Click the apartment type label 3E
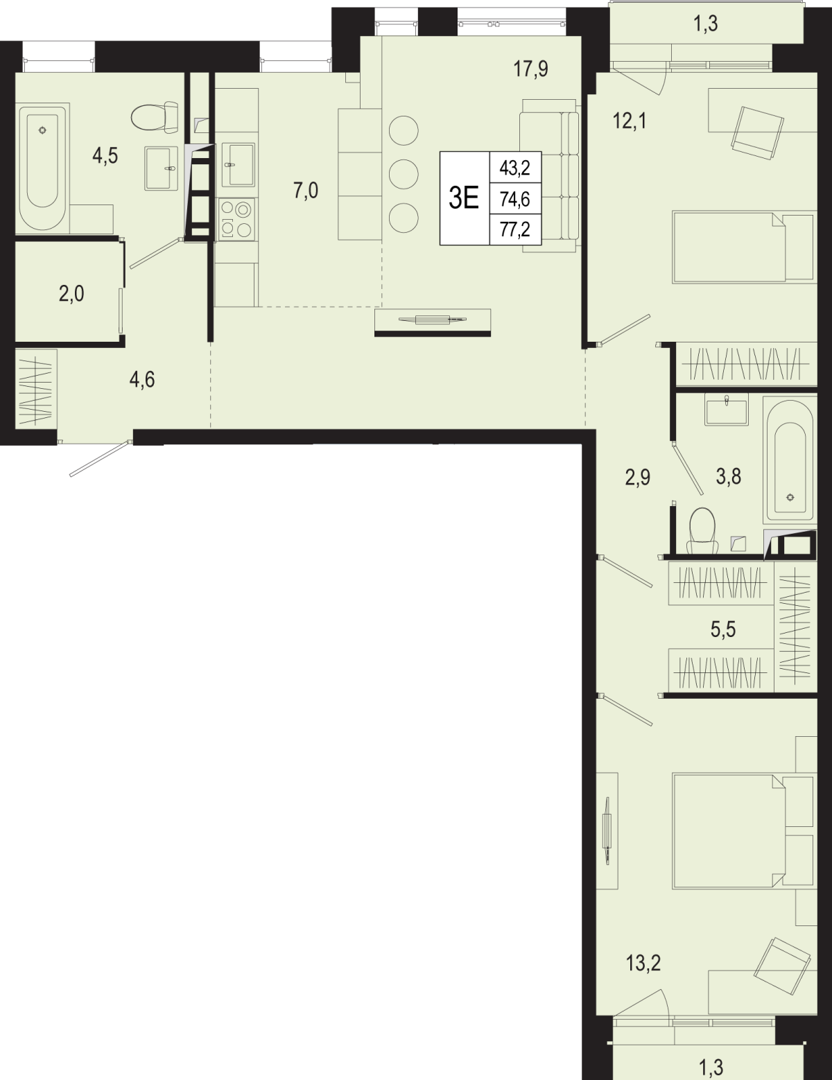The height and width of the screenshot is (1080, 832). [x=464, y=198]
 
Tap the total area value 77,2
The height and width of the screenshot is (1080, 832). [x=515, y=229]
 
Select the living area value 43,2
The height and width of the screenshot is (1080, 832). [x=515, y=168]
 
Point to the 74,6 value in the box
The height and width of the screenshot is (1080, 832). [x=515, y=199]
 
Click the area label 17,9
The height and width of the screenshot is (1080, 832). [x=531, y=69]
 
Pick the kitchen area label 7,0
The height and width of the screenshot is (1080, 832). [x=306, y=191]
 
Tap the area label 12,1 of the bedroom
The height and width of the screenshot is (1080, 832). [x=630, y=121]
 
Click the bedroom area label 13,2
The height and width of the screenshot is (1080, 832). [x=643, y=964]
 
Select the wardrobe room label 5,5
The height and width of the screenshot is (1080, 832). [x=723, y=629]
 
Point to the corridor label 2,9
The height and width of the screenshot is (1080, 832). [x=638, y=477]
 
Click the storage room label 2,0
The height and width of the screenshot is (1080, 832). [x=71, y=294]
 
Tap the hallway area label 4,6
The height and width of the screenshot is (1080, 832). [x=142, y=380]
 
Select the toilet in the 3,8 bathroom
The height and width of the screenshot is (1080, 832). [x=702, y=530]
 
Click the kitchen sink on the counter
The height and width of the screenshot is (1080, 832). [x=238, y=164]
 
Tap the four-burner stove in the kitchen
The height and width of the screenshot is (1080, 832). [x=236, y=219]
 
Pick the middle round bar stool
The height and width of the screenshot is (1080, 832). [x=404, y=175]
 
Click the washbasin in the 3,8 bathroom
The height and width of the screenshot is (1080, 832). [x=726, y=410]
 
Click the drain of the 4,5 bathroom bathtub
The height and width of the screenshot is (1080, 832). [x=44, y=130]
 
